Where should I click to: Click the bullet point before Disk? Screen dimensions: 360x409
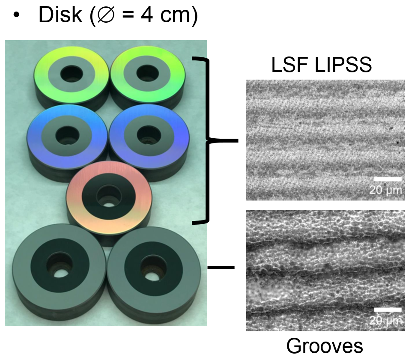coord(17,16)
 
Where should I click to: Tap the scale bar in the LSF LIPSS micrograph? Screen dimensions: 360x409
coord(388,179)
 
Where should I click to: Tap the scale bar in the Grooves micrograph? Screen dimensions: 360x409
coord(388,309)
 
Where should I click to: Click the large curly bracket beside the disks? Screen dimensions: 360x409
coord(209,140)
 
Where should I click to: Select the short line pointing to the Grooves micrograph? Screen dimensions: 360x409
coord(221,268)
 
